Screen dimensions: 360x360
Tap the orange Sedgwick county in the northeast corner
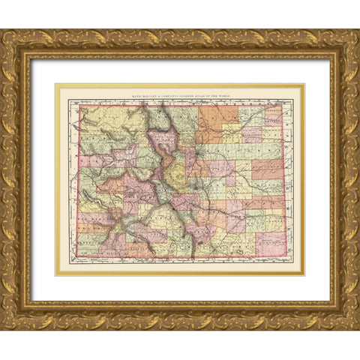[276, 112]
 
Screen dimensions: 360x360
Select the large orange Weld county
[217, 124]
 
